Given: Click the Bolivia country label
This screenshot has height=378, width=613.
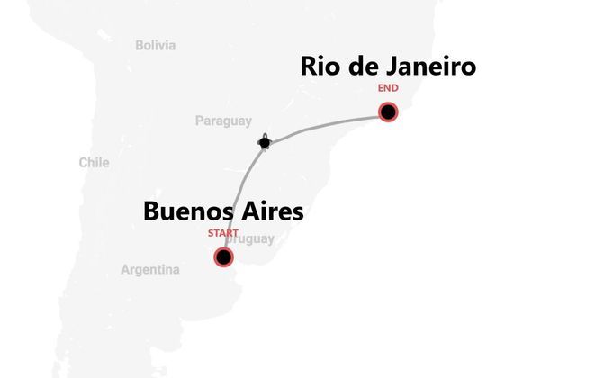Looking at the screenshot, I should pos(156,45).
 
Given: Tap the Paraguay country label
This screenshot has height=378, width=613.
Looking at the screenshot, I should pos(223,121).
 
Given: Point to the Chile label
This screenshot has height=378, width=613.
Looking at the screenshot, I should pos(94,163).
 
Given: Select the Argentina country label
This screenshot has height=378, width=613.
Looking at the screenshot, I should pos(150,269).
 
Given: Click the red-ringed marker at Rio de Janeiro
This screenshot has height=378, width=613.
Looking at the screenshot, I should pos(388,112).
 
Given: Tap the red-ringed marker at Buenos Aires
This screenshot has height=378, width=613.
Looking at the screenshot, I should pos(223,257).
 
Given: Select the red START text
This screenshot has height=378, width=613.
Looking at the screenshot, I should pos(223,233).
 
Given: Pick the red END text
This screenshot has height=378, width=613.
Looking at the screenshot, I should pos(388,88).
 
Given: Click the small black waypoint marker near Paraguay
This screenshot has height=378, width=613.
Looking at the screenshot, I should pos(265,141).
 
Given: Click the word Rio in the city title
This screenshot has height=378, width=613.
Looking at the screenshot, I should pos(321,67).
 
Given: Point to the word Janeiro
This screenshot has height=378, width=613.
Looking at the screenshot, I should pos(428,67).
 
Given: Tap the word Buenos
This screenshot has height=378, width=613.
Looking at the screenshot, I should pos(189,212).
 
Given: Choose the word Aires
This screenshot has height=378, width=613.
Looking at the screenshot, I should pos(274,212).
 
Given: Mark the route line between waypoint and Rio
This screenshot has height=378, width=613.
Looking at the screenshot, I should pos(324,124).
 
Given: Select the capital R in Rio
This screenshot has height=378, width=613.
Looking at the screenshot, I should pos(309,67).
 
